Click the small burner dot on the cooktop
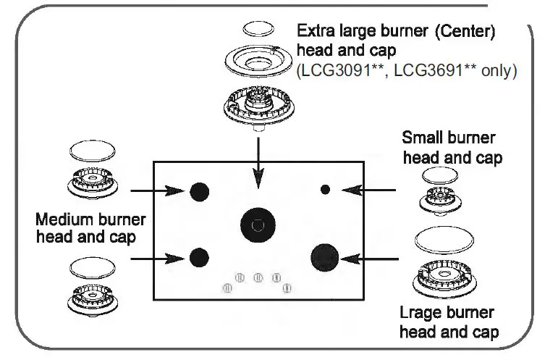coord(325,189)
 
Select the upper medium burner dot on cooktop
coord(199,191)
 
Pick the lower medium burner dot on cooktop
coord(199,256)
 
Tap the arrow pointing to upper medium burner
coord(156,191)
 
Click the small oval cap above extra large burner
coord(258,29)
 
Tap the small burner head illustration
coord(439,197)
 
